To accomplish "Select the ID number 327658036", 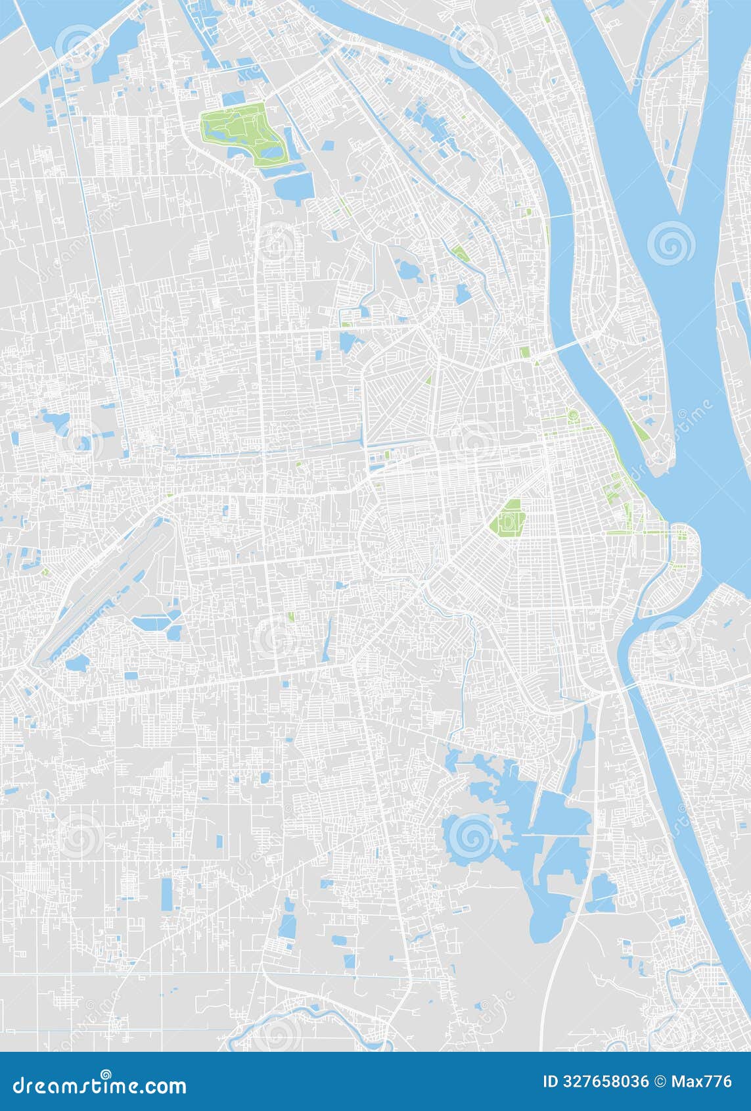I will (605, 1081).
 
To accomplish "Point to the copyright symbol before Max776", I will (660, 1081).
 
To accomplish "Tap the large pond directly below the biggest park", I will (293, 187).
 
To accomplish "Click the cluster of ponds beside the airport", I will (158, 625).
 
